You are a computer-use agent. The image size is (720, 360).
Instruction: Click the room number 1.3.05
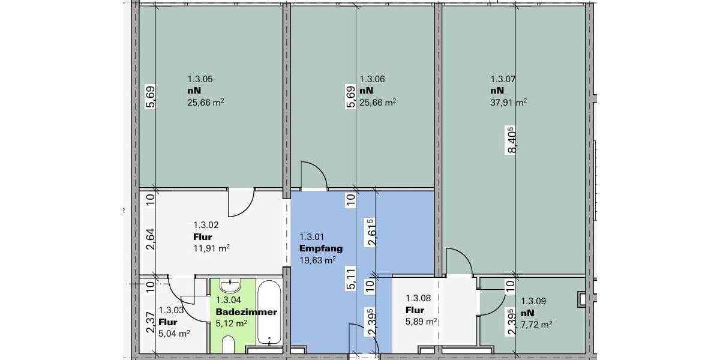(200, 79)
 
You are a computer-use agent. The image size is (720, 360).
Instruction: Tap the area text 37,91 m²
(508, 102)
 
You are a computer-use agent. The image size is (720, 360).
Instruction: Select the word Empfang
(321, 248)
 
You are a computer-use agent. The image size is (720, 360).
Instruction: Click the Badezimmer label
(246, 312)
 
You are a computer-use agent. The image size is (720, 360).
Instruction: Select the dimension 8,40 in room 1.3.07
(511, 140)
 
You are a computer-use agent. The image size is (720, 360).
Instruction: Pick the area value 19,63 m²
(317, 260)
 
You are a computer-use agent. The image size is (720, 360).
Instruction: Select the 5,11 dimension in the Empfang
(350, 279)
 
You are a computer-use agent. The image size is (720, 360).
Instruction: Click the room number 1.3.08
(418, 298)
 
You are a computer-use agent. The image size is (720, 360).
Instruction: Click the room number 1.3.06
(371, 79)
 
